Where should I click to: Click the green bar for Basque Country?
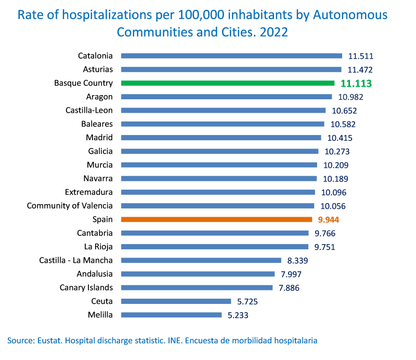227,83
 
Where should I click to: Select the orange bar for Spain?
216,219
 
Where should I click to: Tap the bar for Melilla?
171,315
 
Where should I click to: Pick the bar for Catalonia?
231,56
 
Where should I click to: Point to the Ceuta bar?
176,301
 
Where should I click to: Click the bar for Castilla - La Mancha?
200,260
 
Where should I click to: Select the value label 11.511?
361,56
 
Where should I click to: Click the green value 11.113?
357,83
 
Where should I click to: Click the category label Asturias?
98,69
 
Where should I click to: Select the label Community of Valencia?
70,206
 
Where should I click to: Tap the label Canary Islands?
86,287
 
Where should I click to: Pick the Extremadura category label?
89,192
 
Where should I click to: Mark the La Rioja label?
98,247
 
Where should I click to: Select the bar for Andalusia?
198,274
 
